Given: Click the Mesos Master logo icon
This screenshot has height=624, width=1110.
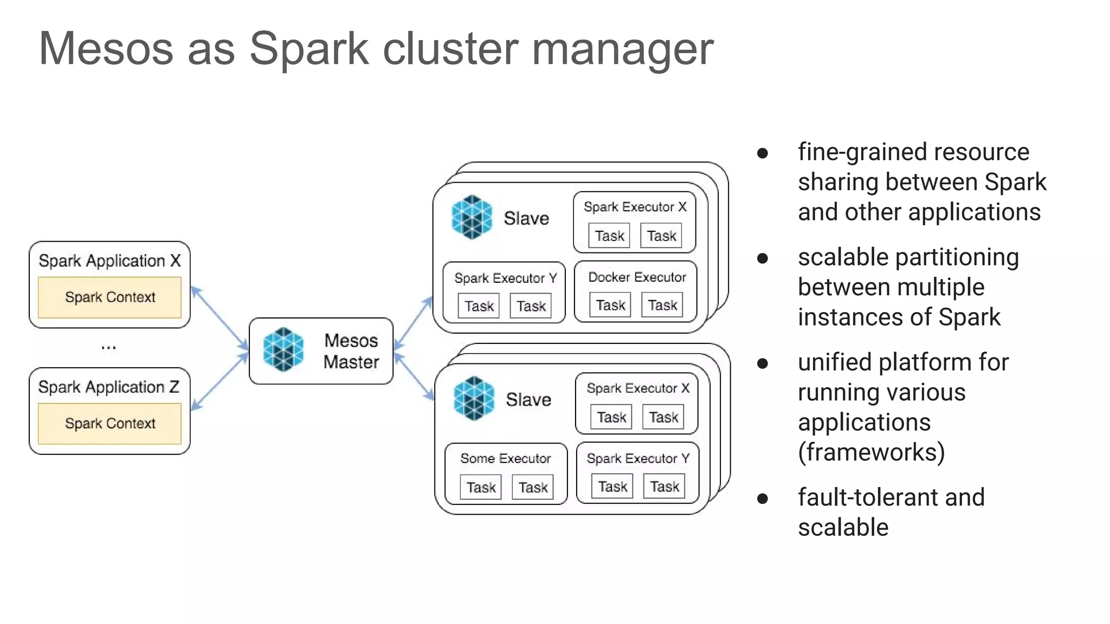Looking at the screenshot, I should [283, 350].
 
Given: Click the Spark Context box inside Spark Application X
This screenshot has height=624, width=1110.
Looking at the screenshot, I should [109, 297].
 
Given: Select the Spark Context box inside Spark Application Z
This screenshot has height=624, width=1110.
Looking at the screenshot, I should [109, 424].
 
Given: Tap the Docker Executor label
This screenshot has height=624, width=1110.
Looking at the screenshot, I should [637, 277].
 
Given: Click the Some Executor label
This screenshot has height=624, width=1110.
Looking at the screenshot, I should [505, 458].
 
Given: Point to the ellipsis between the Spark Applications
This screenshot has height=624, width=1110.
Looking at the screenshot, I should [108, 347].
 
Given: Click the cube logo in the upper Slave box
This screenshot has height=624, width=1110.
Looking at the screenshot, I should [472, 217].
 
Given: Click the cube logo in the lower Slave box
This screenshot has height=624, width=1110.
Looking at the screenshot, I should [474, 399].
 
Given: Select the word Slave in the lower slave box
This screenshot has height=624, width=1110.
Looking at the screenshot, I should [528, 400].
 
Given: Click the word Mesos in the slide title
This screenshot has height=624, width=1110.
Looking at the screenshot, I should [106, 49].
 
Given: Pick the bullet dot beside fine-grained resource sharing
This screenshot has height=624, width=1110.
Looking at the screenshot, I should [763, 153].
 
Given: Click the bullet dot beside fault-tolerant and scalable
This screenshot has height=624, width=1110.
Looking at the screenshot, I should [763, 498].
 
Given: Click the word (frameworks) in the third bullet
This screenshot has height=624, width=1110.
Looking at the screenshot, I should [871, 452].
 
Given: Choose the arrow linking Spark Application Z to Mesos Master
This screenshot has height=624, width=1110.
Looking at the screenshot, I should [220, 382].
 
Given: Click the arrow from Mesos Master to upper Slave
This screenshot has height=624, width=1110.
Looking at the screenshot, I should [413, 323].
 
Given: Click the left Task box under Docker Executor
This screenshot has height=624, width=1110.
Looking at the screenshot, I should [610, 305].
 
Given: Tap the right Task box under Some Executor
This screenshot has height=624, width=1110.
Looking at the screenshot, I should [533, 487].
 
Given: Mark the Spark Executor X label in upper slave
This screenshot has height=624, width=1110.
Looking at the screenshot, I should [635, 207].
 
